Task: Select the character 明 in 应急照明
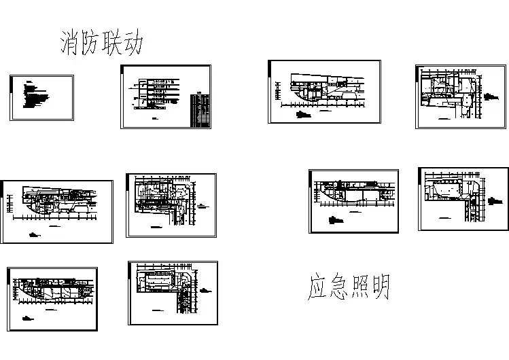pos(380,288)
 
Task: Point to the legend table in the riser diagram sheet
pos(202,109)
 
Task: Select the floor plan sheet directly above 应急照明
pos(354,201)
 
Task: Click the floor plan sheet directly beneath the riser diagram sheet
pos(171,205)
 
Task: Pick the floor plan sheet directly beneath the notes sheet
pos(57,211)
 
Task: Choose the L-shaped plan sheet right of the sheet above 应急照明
pos(463,198)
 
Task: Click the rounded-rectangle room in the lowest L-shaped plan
pos(163,282)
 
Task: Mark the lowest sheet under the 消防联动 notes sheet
pos(52,298)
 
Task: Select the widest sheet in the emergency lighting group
pos(325,92)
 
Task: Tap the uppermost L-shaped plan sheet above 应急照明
pos(461,96)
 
